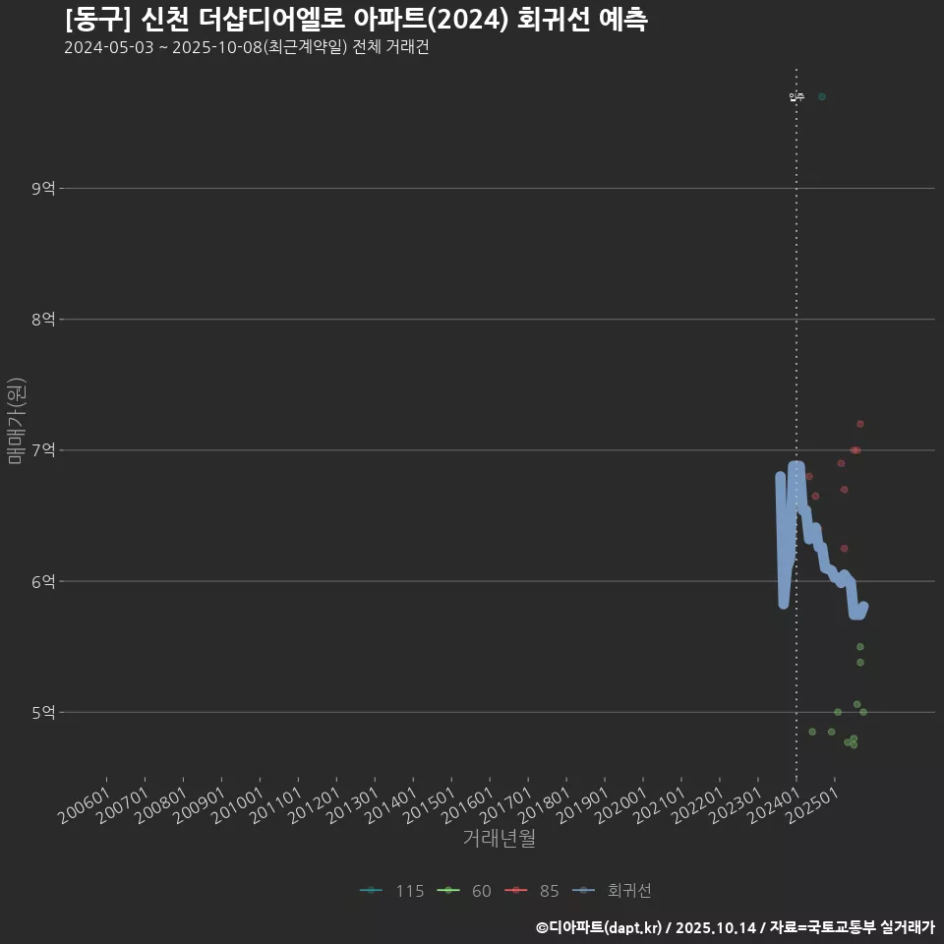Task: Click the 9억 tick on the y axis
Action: (x=43, y=188)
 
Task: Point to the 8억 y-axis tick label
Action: (x=43, y=319)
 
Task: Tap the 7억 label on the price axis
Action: (x=43, y=450)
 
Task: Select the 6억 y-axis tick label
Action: (x=43, y=581)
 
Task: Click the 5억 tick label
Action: (x=43, y=712)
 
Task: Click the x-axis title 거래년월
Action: (x=499, y=839)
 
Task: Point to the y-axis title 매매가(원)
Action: (x=16, y=421)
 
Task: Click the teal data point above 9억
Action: (x=822, y=96)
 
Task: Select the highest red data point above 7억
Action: (x=860, y=424)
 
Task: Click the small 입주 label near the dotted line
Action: (x=796, y=97)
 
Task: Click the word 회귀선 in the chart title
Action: (x=549, y=21)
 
